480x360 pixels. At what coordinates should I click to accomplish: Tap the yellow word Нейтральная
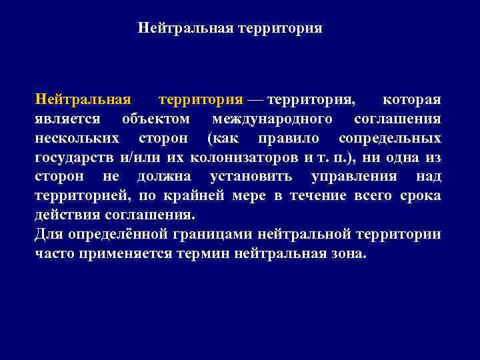82,100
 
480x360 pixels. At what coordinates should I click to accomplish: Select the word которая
411,100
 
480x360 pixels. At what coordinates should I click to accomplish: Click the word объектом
156,119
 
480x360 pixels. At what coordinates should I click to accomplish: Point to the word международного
273,119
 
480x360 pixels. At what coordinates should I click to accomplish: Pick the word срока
421,196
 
